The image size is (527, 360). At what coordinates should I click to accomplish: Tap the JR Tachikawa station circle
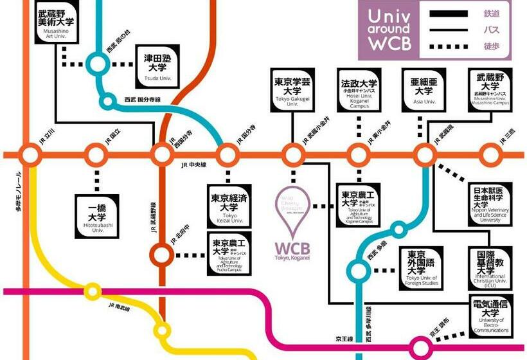(x=30, y=154)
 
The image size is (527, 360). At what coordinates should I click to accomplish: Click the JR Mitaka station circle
(x=490, y=154)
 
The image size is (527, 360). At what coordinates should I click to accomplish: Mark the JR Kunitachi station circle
(x=97, y=154)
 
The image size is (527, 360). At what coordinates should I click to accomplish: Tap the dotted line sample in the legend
(x=449, y=46)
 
